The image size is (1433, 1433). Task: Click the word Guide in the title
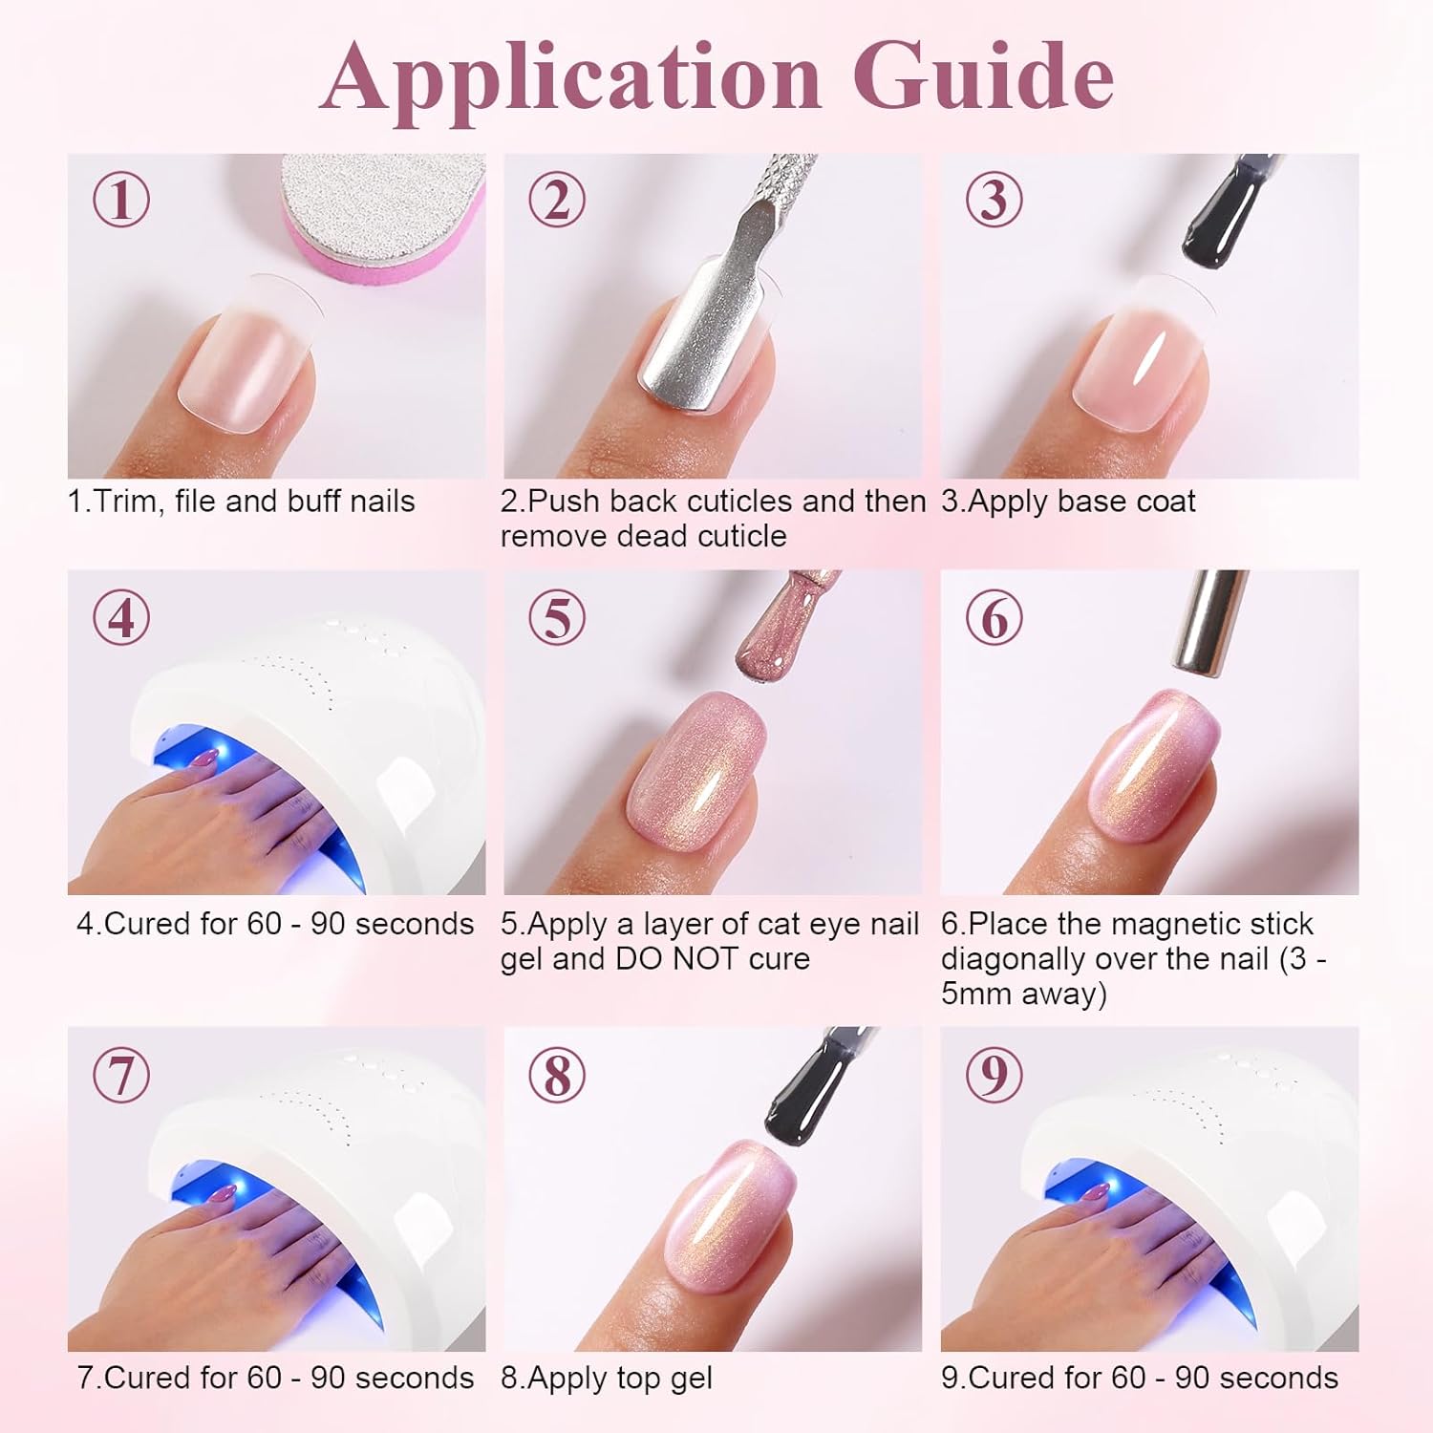coord(983,76)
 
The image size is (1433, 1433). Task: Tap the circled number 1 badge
coord(121,201)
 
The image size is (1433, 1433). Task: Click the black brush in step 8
coord(817,1080)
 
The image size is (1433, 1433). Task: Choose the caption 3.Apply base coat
coord(1068,502)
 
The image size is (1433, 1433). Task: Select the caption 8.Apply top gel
coord(607,1378)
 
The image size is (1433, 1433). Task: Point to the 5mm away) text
coord(1023,994)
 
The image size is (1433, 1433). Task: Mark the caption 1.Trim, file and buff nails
coord(241,502)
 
